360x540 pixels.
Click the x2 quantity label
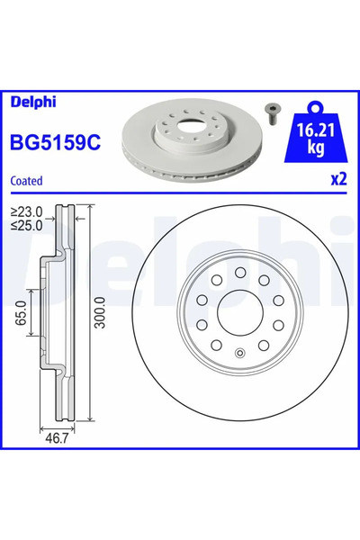(337, 179)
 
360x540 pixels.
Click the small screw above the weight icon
(271, 111)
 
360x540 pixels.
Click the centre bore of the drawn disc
(239, 312)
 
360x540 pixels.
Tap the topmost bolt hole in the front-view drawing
(239, 272)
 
